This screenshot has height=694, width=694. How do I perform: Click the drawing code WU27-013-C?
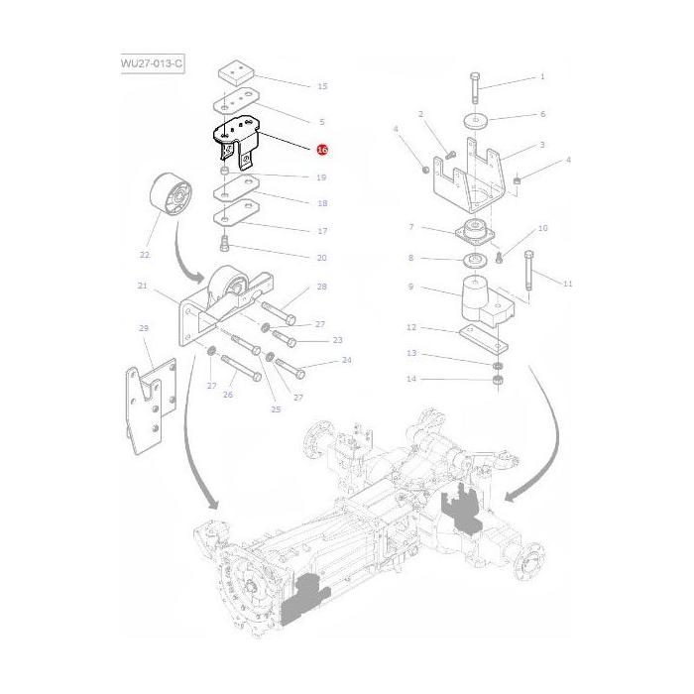(152, 64)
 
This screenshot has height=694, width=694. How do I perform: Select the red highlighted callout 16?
(321, 150)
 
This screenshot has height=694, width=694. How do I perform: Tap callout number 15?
(321, 87)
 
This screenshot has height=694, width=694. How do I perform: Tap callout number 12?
(410, 327)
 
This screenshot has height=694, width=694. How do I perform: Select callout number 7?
(410, 227)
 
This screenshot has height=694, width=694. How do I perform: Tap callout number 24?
(346, 360)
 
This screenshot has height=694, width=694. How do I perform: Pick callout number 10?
(541, 228)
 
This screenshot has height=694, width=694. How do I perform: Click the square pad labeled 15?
(234, 74)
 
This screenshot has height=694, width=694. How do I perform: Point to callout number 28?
(321, 287)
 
